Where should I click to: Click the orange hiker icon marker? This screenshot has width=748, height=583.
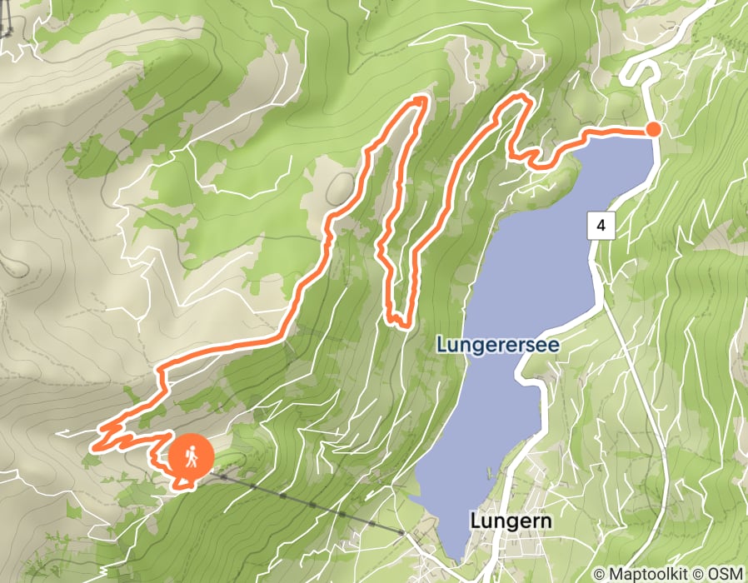pyautogui.click(x=192, y=457)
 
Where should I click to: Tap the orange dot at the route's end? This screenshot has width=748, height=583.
pyautogui.click(x=654, y=129)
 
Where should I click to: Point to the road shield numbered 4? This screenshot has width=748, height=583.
pyautogui.click(x=601, y=225)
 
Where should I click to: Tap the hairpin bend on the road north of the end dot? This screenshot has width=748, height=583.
pyautogui.click(x=633, y=73)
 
